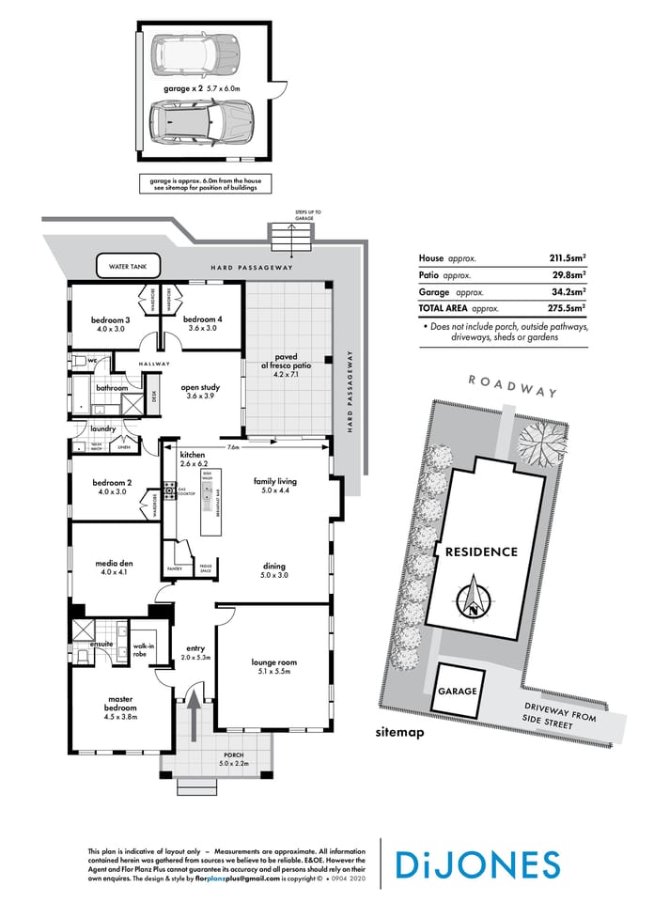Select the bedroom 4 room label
(x=201, y=324)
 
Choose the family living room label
(x=274, y=485)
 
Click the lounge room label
(x=273, y=667)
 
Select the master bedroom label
(x=118, y=706)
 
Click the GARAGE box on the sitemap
(x=457, y=691)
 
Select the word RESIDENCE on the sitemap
(x=481, y=552)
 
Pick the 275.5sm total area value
(x=568, y=307)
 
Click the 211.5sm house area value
(x=568, y=257)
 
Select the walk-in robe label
(x=144, y=649)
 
